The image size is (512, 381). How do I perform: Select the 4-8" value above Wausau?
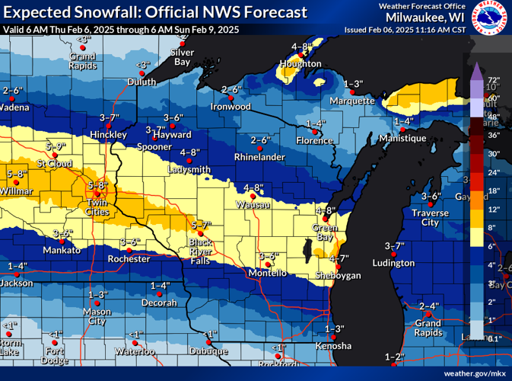point(253,187)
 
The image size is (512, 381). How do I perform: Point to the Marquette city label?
point(352,101)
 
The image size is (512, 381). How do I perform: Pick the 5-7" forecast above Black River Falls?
point(200,225)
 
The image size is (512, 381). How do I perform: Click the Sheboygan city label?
point(339,275)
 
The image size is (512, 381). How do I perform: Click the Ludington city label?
point(393,263)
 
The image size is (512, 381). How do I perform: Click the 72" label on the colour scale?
point(493,79)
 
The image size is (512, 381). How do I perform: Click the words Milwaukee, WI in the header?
point(425,18)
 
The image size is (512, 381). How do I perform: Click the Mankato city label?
point(62,250)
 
